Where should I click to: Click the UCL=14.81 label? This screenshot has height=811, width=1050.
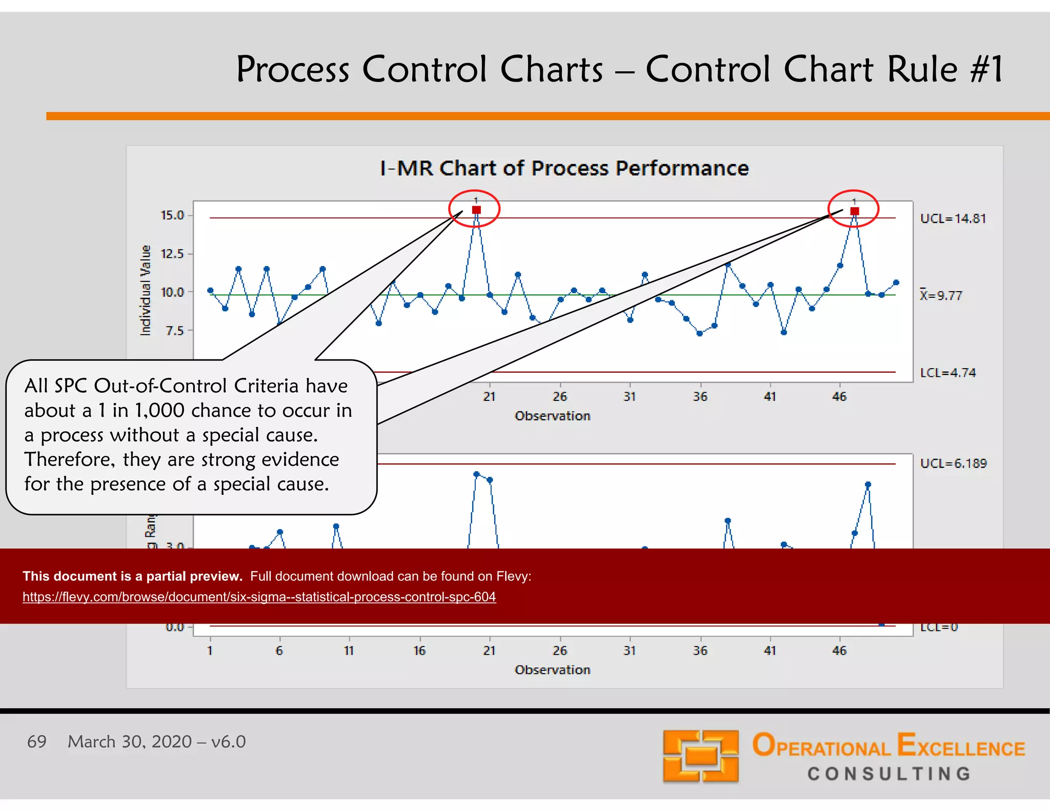[953, 219]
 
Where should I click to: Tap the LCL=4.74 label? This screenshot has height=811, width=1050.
[947, 373]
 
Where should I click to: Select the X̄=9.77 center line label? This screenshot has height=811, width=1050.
[941, 295]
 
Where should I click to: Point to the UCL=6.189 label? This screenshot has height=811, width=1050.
[953, 463]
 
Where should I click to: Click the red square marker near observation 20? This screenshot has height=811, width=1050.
[476, 210]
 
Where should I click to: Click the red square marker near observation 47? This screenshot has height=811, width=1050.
[855, 211]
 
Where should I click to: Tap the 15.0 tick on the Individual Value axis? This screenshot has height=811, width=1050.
[172, 215]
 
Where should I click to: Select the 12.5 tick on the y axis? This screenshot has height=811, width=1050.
[172, 254]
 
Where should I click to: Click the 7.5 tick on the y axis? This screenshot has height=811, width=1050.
[174, 331]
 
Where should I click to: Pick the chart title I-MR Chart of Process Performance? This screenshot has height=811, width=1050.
[564, 168]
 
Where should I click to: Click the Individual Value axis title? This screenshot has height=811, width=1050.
[146, 290]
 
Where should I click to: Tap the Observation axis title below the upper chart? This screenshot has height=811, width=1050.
[552, 416]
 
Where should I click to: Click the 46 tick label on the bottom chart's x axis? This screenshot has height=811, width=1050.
[839, 651]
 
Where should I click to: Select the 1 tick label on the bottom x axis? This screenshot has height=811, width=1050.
[210, 651]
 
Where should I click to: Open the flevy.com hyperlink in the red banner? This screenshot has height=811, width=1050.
[259, 597]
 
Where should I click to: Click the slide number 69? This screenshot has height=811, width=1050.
[36, 741]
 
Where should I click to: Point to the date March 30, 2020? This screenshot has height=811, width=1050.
[130, 741]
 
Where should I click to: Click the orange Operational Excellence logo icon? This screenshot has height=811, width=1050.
[700, 756]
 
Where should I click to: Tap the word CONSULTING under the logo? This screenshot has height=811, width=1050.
[889, 774]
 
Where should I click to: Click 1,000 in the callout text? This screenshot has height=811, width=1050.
[159, 410]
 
